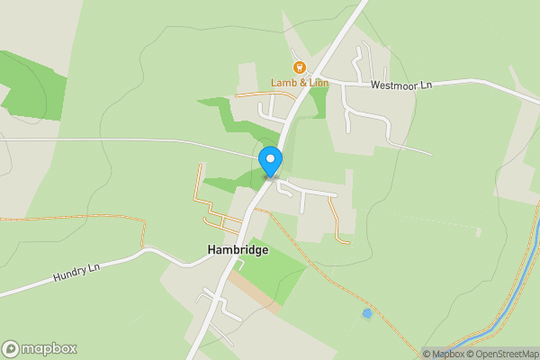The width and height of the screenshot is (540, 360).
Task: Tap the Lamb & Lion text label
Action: point(300,83)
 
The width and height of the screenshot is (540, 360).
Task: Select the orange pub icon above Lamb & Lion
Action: point(299,67)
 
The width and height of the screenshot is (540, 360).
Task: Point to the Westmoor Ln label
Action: point(401,85)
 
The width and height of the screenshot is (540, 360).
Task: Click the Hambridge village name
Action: point(238,250)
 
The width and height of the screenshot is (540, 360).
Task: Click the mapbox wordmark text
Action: point(49,349)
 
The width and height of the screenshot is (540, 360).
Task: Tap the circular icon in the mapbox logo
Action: point(11,349)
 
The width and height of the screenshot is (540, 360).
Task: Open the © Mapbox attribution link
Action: point(443,354)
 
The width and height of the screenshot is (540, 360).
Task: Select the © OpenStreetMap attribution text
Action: point(501,354)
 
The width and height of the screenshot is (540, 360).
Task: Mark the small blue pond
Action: point(366,313)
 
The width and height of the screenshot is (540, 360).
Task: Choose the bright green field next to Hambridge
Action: point(274,270)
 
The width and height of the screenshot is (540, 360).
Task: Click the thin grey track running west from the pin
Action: point(135,139)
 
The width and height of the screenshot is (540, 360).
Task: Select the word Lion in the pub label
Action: point(318,83)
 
